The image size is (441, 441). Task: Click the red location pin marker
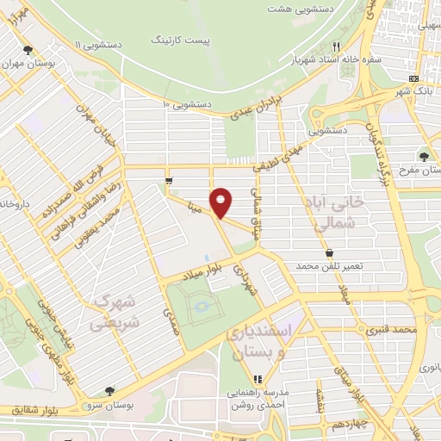(222, 202)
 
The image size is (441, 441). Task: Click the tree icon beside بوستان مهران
(28, 50)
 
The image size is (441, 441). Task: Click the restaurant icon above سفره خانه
(338, 47)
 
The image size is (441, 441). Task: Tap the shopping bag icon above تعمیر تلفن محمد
(329, 253)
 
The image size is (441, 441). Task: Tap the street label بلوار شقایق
(25, 409)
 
